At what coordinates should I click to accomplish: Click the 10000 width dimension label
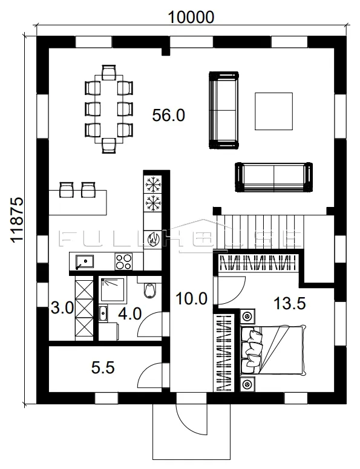click(x=191, y=17)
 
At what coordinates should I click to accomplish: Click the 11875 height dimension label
click(x=17, y=220)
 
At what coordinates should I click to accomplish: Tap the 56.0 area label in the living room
click(x=169, y=115)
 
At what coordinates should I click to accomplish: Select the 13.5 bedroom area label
click(x=290, y=304)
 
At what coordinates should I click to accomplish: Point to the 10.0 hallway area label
click(x=191, y=299)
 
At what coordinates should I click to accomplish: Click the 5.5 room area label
click(x=103, y=367)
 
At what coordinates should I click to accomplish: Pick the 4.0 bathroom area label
click(x=129, y=314)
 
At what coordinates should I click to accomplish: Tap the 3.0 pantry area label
click(x=62, y=308)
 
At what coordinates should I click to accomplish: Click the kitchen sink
click(x=84, y=261)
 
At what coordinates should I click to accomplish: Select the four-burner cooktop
click(x=123, y=261)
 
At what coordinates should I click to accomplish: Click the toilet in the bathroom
click(x=149, y=290)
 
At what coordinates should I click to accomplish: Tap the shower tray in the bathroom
click(x=114, y=289)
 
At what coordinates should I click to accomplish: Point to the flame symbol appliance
click(x=153, y=239)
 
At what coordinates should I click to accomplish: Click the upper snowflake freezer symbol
click(x=153, y=185)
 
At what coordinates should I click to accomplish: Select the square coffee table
click(x=273, y=111)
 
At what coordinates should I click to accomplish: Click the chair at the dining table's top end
click(x=109, y=73)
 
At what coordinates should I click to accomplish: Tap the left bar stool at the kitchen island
click(x=67, y=189)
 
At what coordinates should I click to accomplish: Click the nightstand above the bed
click(x=247, y=316)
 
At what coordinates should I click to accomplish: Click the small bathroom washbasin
click(x=103, y=313)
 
